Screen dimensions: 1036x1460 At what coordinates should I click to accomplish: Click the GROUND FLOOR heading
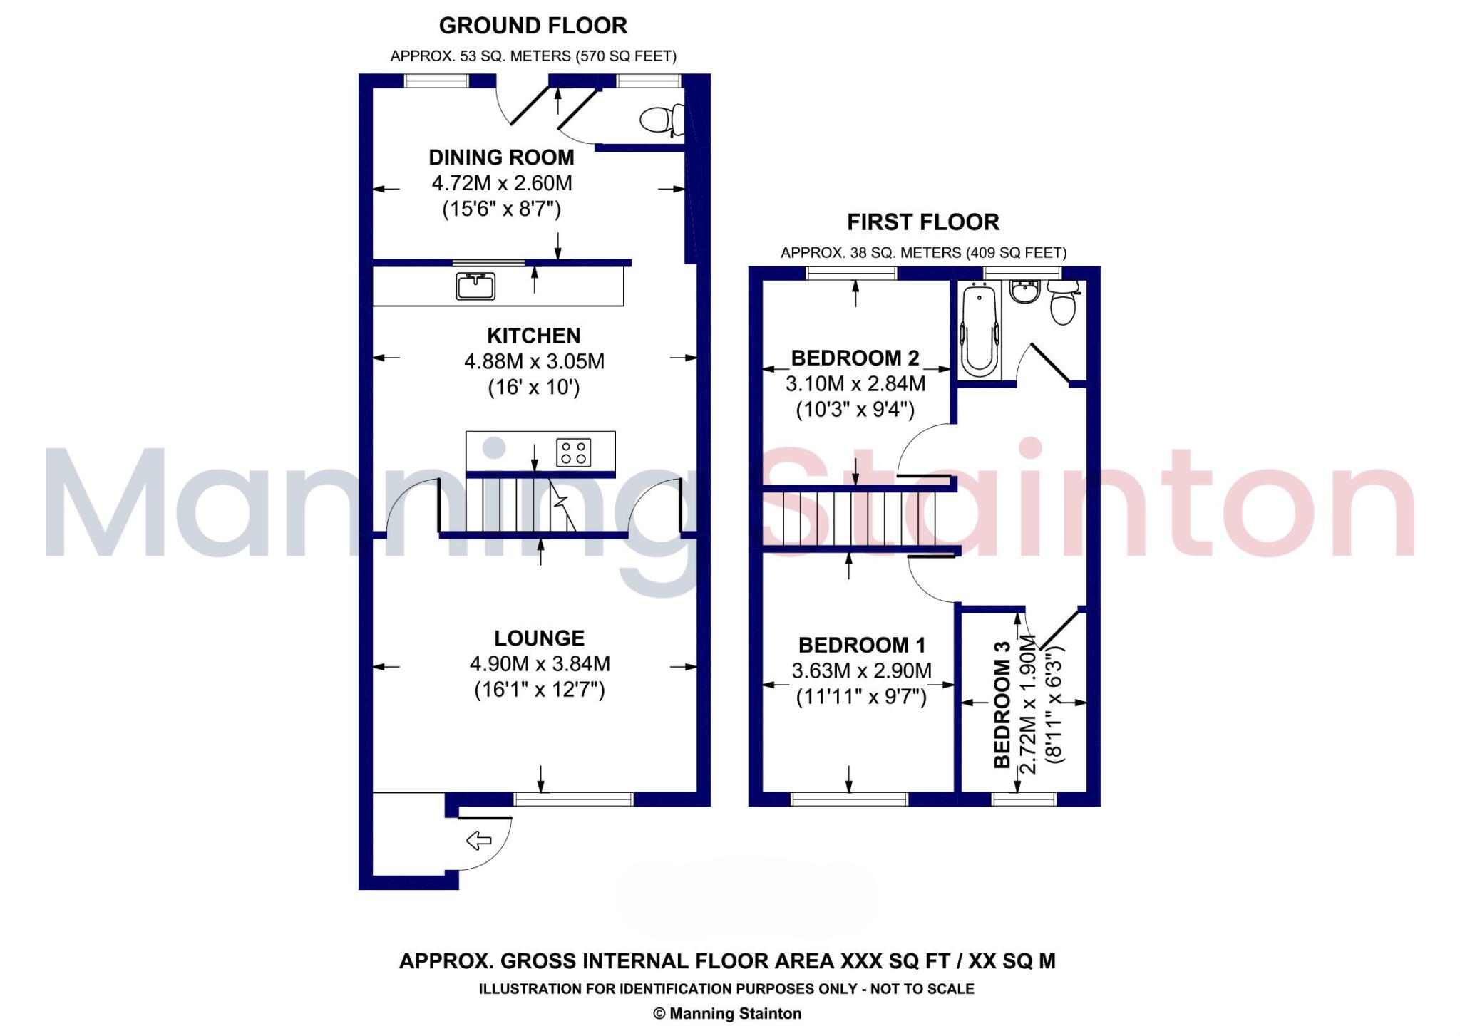click(x=533, y=26)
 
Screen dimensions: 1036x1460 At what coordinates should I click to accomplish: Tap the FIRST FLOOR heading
click(x=922, y=222)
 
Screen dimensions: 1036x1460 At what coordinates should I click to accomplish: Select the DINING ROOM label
click(x=501, y=157)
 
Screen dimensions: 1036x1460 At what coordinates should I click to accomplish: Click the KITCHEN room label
click(x=533, y=336)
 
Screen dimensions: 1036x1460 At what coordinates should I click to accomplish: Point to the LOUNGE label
click(x=539, y=638)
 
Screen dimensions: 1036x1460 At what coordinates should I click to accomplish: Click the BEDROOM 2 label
click(x=855, y=358)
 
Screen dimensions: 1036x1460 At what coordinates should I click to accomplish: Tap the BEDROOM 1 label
click(x=861, y=645)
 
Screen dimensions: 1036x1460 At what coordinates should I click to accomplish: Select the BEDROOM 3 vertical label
click(x=1002, y=704)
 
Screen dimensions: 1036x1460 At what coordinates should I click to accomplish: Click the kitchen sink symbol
click(x=475, y=286)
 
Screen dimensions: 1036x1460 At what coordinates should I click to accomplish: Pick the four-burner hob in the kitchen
click(x=574, y=452)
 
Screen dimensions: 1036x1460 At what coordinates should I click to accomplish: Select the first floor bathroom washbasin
click(x=1025, y=291)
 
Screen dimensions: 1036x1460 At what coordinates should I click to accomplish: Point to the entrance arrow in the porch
click(x=478, y=841)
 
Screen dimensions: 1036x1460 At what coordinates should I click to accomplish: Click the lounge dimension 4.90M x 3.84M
click(x=540, y=664)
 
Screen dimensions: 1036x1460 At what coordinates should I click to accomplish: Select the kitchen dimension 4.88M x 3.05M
click(x=534, y=362)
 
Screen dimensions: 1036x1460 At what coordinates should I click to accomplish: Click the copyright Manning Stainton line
click(x=727, y=1014)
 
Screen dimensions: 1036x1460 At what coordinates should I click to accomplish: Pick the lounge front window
click(x=573, y=799)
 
